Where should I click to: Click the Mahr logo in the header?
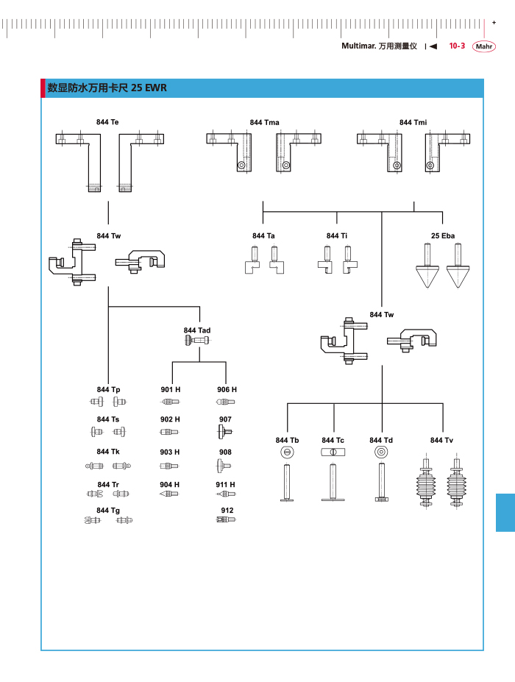click(x=484, y=46)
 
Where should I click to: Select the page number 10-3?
click(x=457, y=46)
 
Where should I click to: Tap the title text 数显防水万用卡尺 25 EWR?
click(x=107, y=88)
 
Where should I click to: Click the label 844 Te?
click(x=107, y=122)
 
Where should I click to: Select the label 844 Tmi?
click(x=413, y=122)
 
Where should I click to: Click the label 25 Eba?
click(x=443, y=235)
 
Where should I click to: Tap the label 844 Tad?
click(x=197, y=330)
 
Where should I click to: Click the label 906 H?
click(x=227, y=389)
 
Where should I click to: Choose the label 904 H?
click(x=170, y=485)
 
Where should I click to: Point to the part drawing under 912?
click(x=226, y=520)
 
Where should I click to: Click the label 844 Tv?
click(x=441, y=440)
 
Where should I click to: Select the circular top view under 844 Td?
click(x=380, y=452)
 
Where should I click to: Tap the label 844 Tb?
click(x=287, y=440)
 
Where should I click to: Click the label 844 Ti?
click(x=337, y=235)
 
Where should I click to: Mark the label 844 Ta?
click(x=263, y=235)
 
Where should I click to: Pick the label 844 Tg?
click(x=108, y=510)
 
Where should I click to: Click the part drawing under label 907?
click(x=225, y=431)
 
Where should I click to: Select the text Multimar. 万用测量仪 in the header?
click(x=379, y=46)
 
